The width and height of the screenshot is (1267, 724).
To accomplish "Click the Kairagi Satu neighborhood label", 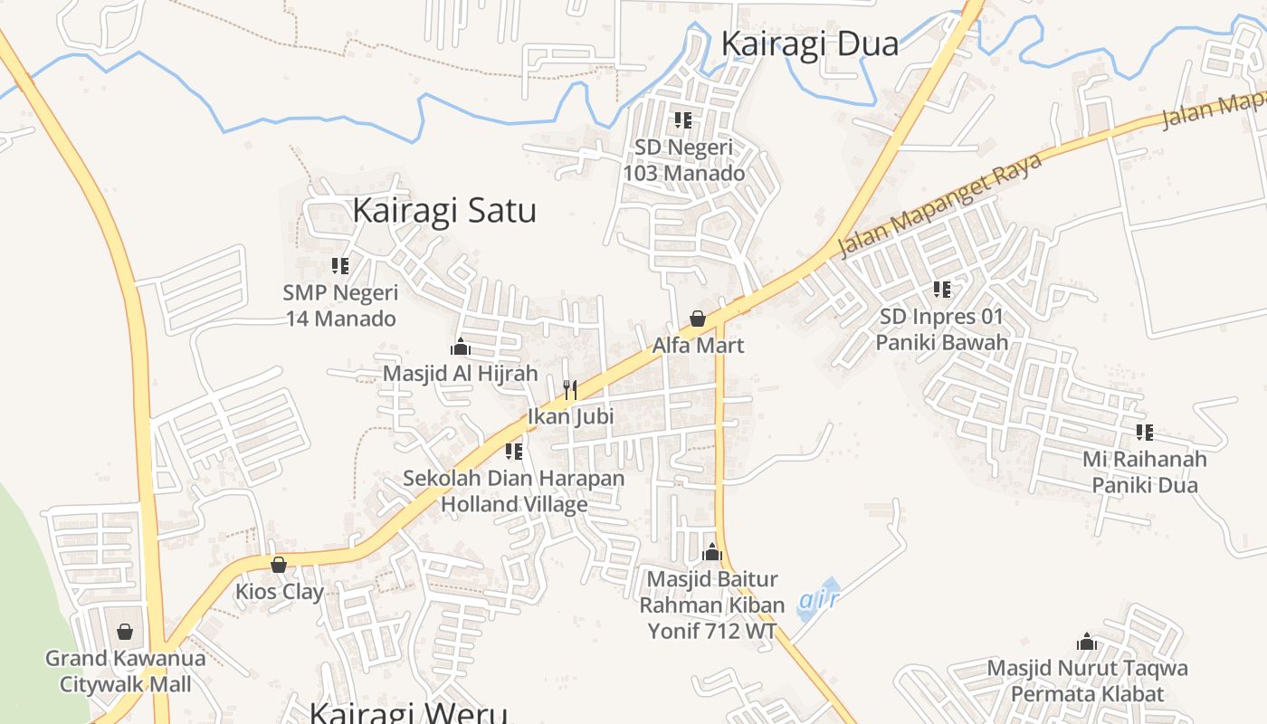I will click(x=443, y=210).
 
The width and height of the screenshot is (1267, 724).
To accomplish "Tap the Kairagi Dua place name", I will click(x=810, y=43).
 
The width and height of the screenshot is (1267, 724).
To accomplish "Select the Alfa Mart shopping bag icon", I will click(x=698, y=319).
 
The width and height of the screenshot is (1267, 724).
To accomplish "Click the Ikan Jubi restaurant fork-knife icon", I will click(x=570, y=390).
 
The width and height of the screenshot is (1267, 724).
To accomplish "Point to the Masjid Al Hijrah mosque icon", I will click(x=461, y=347).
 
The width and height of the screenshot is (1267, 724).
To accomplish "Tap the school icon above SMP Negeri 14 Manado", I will click(x=340, y=266).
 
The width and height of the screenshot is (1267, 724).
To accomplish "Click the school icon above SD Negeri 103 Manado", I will click(x=683, y=120).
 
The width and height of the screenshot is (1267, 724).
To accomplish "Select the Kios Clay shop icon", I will click(x=279, y=565).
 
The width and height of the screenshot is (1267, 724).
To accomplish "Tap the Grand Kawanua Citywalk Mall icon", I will click(x=125, y=631).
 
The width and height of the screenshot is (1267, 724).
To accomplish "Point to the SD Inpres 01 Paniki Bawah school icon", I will click(x=942, y=290).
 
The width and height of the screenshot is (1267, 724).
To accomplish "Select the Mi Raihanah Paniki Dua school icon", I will click(x=1145, y=433).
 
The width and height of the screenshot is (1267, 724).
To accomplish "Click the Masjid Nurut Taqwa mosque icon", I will click(x=1087, y=643).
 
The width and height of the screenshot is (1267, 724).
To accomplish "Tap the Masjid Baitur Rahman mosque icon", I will click(x=712, y=552).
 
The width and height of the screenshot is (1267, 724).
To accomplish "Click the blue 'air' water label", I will click(x=820, y=599).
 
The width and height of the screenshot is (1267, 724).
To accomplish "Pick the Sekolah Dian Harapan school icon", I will click(x=514, y=451).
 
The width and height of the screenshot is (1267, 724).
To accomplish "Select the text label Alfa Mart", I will click(x=698, y=345).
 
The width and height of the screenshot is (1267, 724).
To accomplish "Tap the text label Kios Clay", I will click(x=280, y=592).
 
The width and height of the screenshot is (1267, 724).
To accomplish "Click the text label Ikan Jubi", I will click(x=570, y=416).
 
